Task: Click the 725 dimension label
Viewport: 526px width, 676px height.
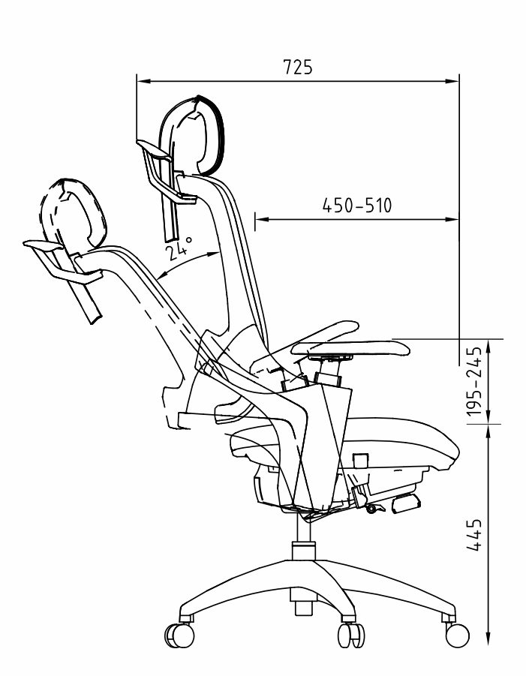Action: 297,68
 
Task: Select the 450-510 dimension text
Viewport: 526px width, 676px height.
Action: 357,206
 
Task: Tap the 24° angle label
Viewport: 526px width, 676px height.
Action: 178,248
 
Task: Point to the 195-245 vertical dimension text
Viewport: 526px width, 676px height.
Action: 473,381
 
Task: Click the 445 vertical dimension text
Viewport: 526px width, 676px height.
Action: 473,535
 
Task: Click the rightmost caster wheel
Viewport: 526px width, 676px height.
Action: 457,635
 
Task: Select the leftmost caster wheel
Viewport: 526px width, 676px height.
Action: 179,635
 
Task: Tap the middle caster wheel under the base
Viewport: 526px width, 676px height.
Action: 350,635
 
